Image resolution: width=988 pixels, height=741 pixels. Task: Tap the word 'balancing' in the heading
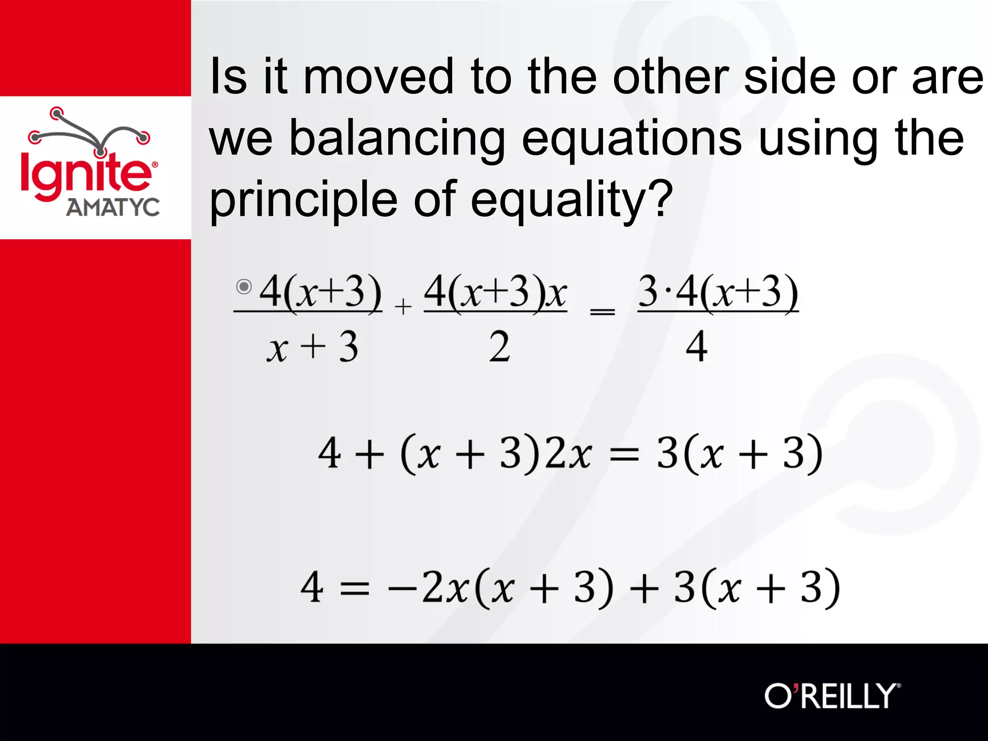pyautogui.click(x=397, y=139)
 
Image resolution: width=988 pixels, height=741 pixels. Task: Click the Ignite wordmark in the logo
pyautogui.click(x=86, y=174)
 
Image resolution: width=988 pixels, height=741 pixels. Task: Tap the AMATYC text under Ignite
pyautogui.click(x=113, y=207)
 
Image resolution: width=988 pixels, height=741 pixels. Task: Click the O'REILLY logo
pyautogui.click(x=832, y=696)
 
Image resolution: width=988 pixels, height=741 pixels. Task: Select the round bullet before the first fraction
pyautogui.click(x=244, y=287)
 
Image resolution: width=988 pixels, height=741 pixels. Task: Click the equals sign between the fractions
pyautogui.click(x=603, y=312)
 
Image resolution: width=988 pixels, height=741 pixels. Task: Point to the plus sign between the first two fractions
pyautogui.click(x=403, y=307)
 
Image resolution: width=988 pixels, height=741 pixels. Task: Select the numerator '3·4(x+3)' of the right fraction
pyautogui.click(x=718, y=292)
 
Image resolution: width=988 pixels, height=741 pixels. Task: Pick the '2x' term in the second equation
pyautogui.click(x=567, y=453)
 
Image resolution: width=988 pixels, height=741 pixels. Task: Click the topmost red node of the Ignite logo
pyautogui.click(x=57, y=114)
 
